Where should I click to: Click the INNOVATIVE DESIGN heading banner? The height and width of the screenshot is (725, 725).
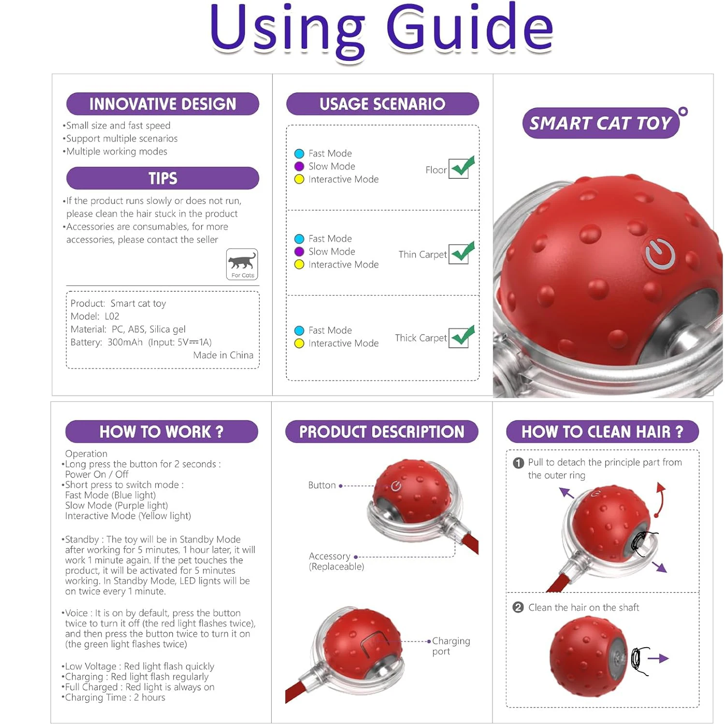pyautogui.click(x=162, y=104)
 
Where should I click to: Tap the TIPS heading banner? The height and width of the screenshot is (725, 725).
pyautogui.click(x=162, y=178)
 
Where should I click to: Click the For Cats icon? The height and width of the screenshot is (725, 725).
pyautogui.click(x=242, y=264)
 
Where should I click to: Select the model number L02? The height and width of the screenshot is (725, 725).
pyautogui.click(x=112, y=316)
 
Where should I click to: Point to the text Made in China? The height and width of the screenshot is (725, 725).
pyautogui.click(x=223, y=355)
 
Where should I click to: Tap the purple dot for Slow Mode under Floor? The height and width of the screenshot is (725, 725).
pyautogui.click(x=299, y=166)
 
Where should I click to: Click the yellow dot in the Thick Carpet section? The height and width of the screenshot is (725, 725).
pyautogui.click(x=299, y=343)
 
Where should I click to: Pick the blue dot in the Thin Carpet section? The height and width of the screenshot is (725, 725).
pyautogui.click(x=299, y=239)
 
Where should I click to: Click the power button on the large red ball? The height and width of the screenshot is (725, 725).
pyautogui.click(x=660, y=254)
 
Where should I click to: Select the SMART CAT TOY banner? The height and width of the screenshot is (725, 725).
pyautogui.click(x=600, y=123)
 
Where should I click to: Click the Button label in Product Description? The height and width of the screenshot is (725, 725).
pyautogui.click(x=322, y=485)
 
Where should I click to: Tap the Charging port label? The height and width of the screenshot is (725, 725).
pyautogui.click(x=450, y=646)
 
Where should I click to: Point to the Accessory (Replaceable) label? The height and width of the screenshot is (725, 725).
pyautogui.click(x=336, y=561)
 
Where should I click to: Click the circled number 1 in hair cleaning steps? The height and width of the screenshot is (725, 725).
pyautogui.click(x=519, y=463)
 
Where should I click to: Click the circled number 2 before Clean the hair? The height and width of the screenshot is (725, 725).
pyautogui.click(x=518, y=608)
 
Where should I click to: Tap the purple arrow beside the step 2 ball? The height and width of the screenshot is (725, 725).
pyautogui.click(x=658, y=658)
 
